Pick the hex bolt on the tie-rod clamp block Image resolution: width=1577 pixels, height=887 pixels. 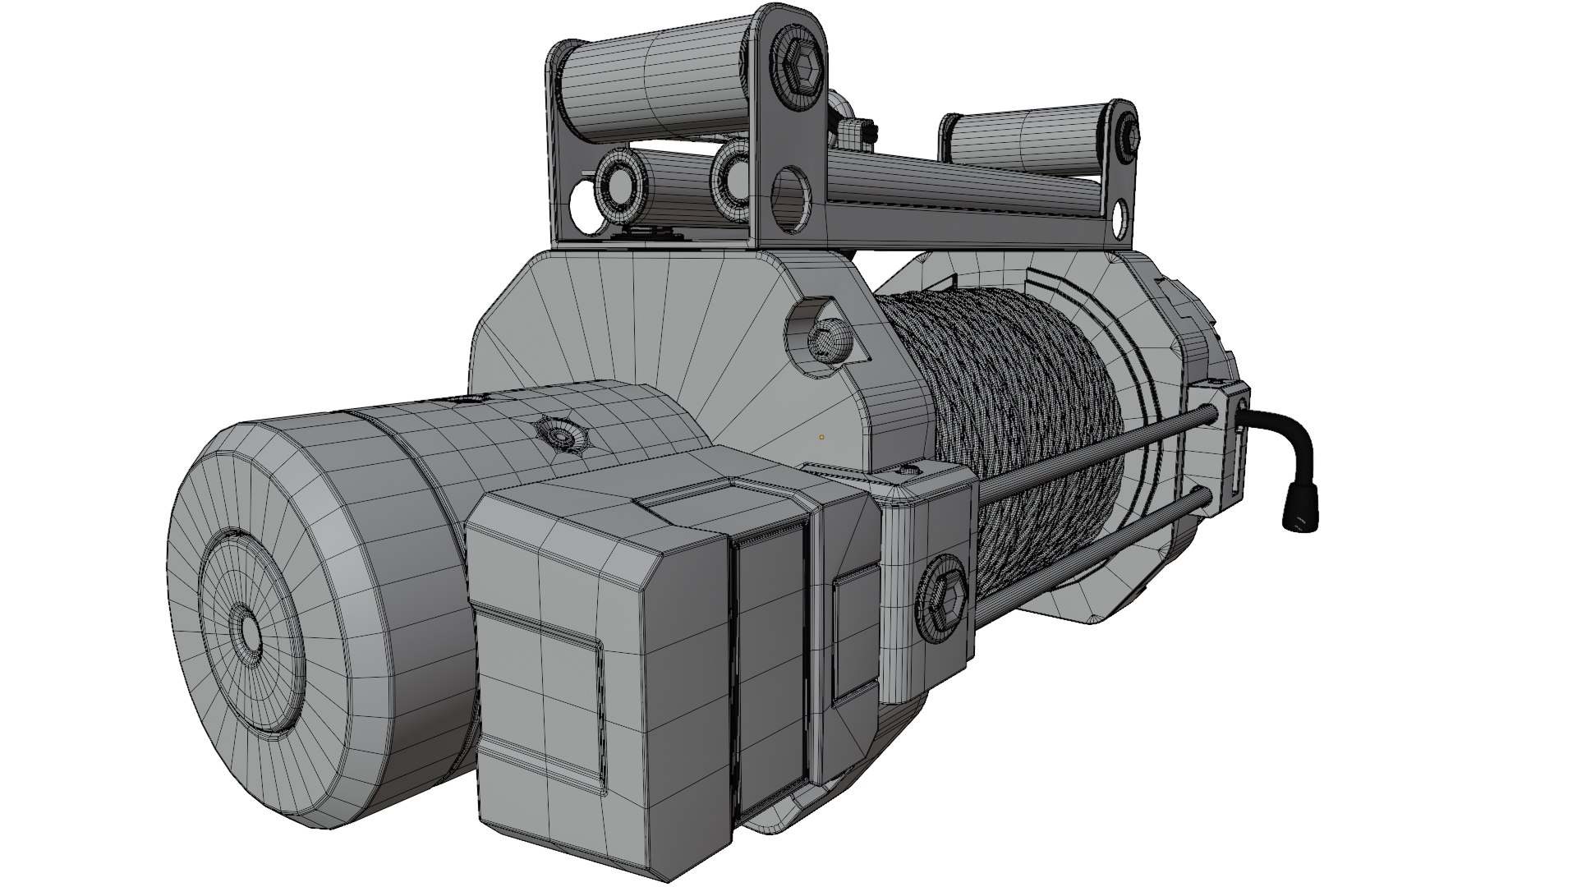[x=942, y=595]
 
